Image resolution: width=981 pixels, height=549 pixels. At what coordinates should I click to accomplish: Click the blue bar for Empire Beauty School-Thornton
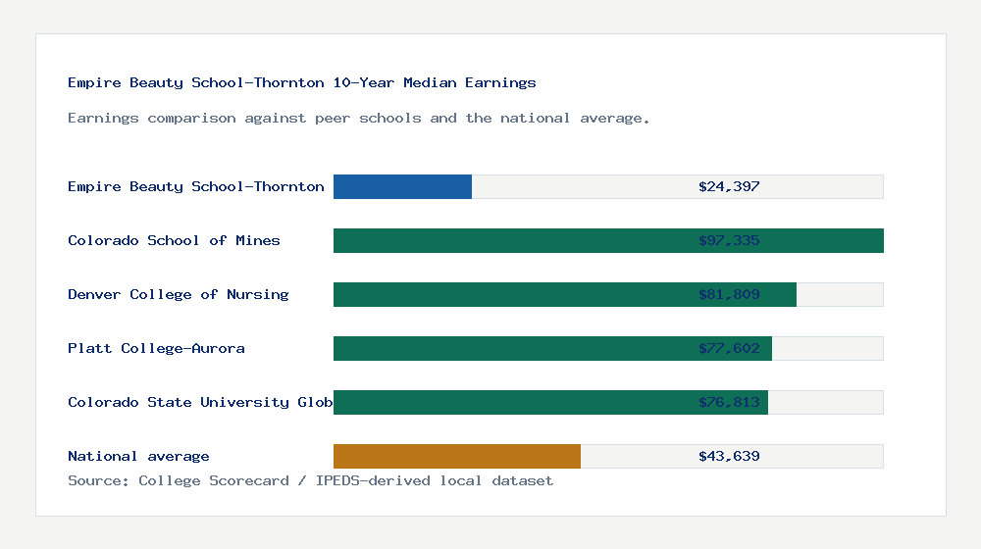pyautogui.click(x=402, y=186)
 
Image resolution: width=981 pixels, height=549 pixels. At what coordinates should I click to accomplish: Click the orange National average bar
pyautogui.click(x=457, y=456)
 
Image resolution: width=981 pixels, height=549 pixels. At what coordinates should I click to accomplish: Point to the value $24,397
pyautogui.click(x=729, y=186)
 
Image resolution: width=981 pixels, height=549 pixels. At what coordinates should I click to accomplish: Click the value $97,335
pyautogui.click(x=729, y=240)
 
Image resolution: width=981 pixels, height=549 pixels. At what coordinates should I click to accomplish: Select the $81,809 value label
pyautogui.click(x=729, y=294)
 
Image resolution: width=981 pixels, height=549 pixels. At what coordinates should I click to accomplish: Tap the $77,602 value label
pyautogui.click(x=729, y=348)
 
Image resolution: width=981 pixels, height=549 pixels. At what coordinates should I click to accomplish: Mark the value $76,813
pyautogui.click(x=729, y=402)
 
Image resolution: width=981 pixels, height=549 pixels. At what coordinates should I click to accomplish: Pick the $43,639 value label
pyautogui.click(x=729, y=456)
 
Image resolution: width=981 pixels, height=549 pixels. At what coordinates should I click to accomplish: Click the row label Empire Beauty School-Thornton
pyautogui.click(x=196, y=186)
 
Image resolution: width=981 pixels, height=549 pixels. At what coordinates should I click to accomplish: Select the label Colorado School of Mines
pyautogui.click(x=174, y=240)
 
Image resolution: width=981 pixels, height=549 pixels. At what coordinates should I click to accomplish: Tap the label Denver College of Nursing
pyautogui.click(x=179, y=294)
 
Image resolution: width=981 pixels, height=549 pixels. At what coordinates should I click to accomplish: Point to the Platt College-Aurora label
pyautogui.click(x=156, y=348)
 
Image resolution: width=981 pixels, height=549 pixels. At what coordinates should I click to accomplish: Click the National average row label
pyautogui.click(x=138, y=456)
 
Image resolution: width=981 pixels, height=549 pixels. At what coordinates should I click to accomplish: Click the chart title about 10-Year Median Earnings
pyautogui.click(x=302, y=82)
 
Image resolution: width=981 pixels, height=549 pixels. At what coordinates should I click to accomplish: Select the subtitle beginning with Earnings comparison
pyautogui.click(x=359, y=118)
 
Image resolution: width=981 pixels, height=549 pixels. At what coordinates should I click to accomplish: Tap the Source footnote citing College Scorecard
pyautogui.click(x=310, y=480)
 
